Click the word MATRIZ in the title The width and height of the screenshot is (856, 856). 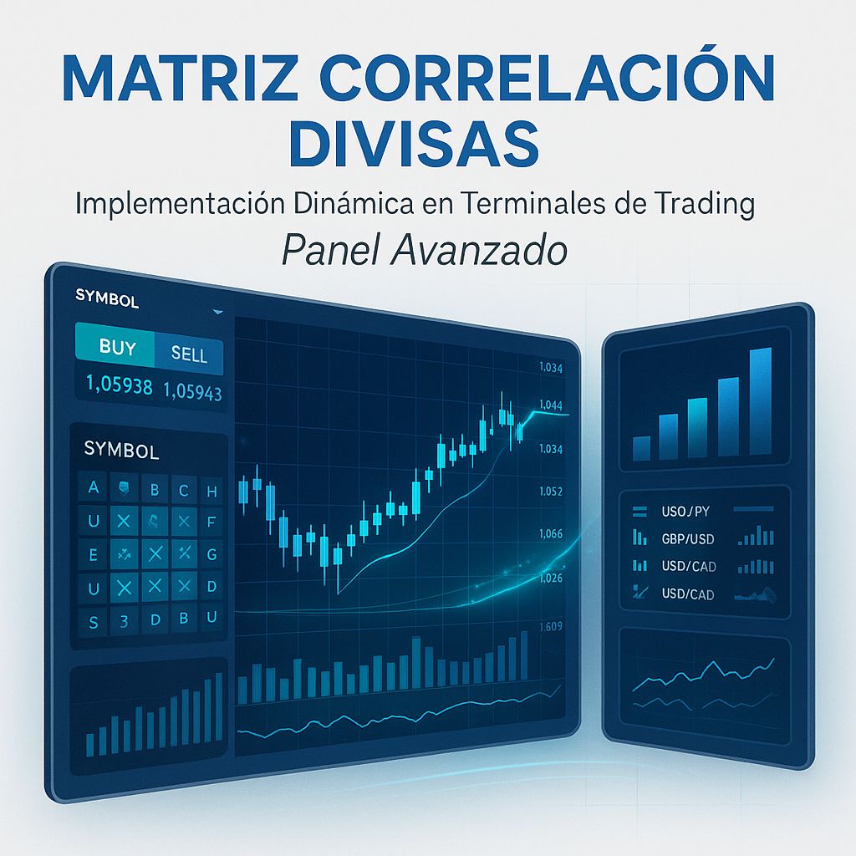[x=173, y=80]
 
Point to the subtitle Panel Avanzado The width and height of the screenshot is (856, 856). [x=424, y=249]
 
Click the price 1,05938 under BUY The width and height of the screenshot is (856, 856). [x=120, y=386]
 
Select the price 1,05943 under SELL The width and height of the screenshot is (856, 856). [x=193, y=390]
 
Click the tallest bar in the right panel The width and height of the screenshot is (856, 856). [x=760, y=401]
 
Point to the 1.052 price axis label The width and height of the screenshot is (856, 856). [x=551, y=492]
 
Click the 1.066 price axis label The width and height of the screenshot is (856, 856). [x=552, y=534]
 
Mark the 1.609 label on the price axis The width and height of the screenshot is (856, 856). [x=552, y=627]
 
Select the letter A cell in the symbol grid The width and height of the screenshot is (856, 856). [x=93, y=488]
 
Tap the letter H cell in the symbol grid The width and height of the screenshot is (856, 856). [x=211, y=492]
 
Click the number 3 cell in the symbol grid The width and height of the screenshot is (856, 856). [x=124, y=621]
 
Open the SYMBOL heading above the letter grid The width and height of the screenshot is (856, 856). [x=121, y=451]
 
